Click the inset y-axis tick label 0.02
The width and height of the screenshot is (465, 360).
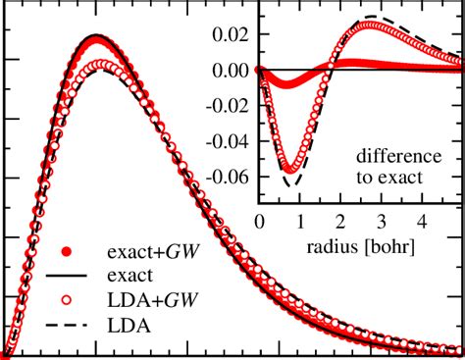click(x=229, y=35)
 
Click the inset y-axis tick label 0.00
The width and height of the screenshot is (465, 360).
click(x=229, y=71)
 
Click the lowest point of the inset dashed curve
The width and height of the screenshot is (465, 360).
click(x=288, y=185)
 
